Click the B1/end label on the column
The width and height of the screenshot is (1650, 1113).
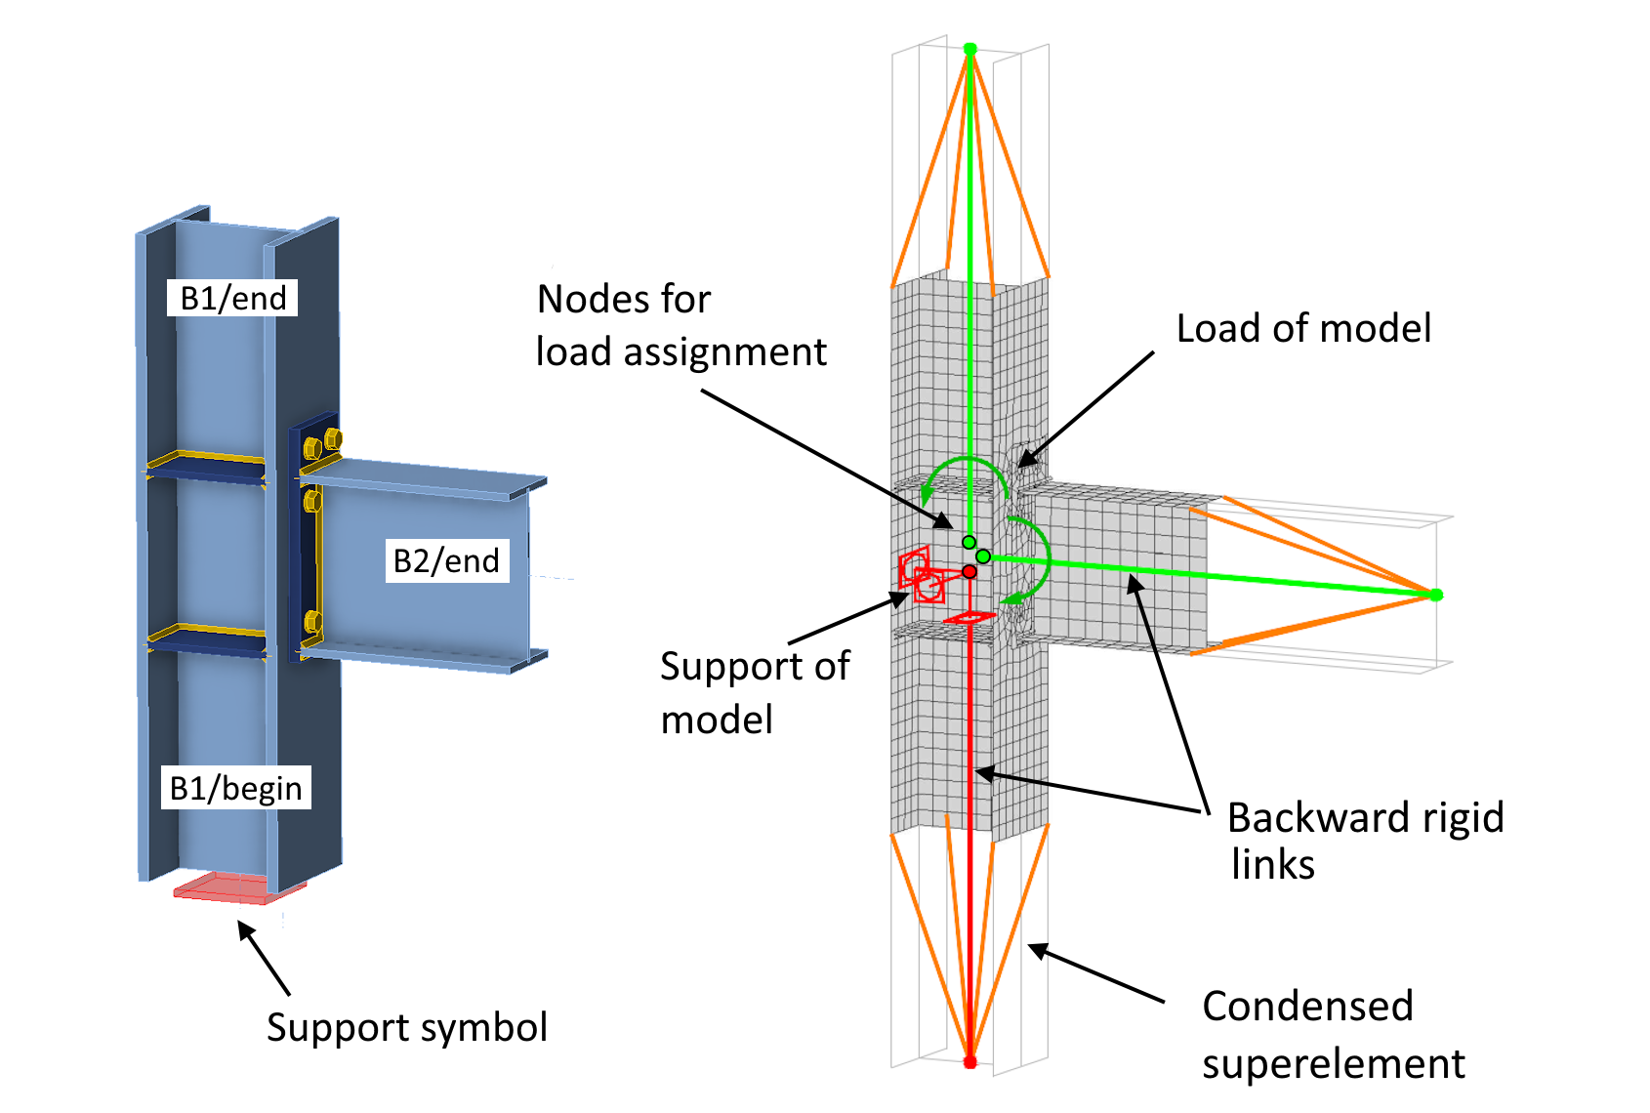(x=233, y=298)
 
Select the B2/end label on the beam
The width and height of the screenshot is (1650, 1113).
(x=446, y=560)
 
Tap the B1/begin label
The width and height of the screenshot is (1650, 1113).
(x=235, y=787)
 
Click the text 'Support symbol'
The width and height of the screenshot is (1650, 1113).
(x=406, y=1027)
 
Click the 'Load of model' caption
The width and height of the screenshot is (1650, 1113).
(x=1303, y=328)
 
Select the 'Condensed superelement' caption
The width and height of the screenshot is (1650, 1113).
(x=1333, y=1034)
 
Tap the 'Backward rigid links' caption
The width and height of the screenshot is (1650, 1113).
(x=1365, y=841)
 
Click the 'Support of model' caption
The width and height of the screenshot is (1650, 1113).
(x=755, y=692)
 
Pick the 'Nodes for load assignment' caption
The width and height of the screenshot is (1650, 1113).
(x=681, y=325)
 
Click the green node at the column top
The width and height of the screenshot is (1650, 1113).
(x=969, y=49)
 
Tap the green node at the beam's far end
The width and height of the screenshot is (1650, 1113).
(x=1435, y=595)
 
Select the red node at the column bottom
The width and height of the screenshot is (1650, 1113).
(x=969, y=1061)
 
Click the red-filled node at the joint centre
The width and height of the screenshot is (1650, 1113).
(x=969, y=571)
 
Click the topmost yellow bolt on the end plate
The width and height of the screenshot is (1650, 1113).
(x=332, y=439)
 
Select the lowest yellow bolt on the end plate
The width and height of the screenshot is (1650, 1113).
(x=311, y=621)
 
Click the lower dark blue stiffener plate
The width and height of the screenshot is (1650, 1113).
(x=207, y=641)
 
